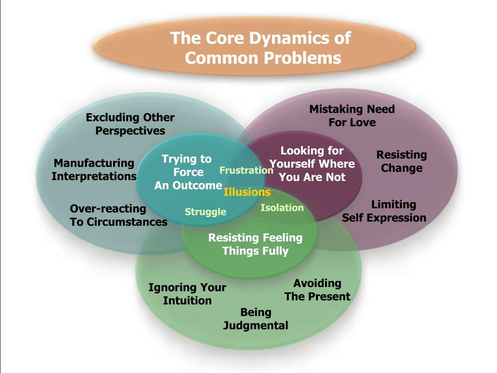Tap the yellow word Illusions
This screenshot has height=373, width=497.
pos(247,192)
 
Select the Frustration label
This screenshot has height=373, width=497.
pos(246,170)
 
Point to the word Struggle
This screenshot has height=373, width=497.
pos(205,212)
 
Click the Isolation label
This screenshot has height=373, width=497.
pos(282,208)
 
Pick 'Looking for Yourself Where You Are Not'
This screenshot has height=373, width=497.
pos(312,164)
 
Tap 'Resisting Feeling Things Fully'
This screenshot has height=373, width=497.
pos(255,244)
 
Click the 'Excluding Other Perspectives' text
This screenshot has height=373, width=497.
pos(130,124)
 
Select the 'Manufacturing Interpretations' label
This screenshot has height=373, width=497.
pos(94,170)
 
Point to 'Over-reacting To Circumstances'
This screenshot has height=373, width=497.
pos(118,215)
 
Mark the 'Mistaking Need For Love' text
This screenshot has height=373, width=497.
pos(352,116)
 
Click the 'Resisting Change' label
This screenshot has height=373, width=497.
pos(401,161)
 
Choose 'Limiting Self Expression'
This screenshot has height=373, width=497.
pos(384,211)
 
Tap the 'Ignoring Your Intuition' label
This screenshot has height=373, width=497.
pos(187,294)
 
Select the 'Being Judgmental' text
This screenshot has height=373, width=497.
pos(255,319)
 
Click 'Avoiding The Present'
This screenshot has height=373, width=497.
pos(317,289)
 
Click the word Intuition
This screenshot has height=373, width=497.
pos(187,301)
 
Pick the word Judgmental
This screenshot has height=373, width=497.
pos(255,325)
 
